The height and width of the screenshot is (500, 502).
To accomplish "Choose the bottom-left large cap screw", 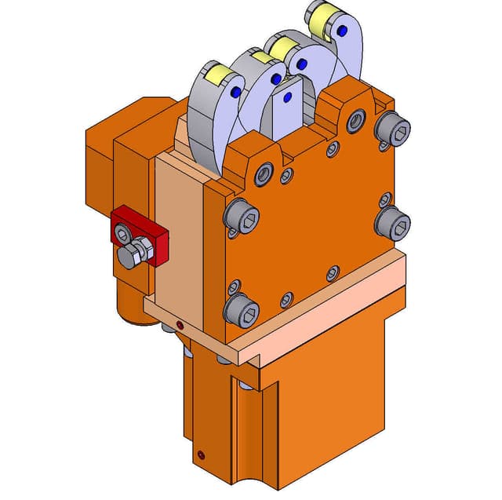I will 240,311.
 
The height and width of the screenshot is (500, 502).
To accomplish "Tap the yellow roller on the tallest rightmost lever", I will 320,19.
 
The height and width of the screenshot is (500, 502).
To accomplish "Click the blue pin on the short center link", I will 288,97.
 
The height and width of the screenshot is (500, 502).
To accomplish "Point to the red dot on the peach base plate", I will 180,323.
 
